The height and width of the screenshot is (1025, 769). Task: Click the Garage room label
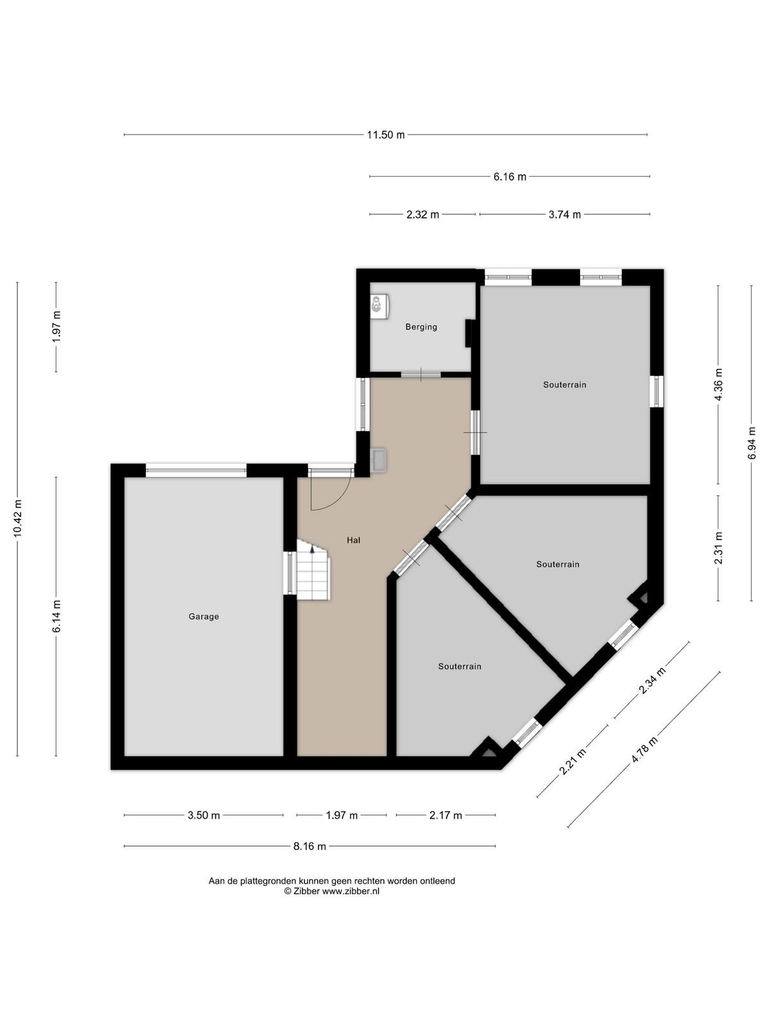pos(204,616)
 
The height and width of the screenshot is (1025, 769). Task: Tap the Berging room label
pos(421,327)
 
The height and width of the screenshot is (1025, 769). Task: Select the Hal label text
pos(354,540)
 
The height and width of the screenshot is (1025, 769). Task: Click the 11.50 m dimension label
pos(386,135)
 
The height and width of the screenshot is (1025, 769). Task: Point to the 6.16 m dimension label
pos(510,177)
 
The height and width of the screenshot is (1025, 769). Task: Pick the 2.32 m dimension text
pos(422,215)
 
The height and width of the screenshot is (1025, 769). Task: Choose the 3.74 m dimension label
pos(565,215)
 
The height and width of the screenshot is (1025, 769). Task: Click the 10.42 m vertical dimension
pos(18,518)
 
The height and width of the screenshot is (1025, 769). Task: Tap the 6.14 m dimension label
pos(56,616)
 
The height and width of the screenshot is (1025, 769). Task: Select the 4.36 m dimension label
pos(718,384)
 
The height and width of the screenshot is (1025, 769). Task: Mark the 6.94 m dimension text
pos(752,443)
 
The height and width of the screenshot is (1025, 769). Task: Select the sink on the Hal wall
pos(377,460)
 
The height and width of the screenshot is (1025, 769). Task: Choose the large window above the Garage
pos(196,470)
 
